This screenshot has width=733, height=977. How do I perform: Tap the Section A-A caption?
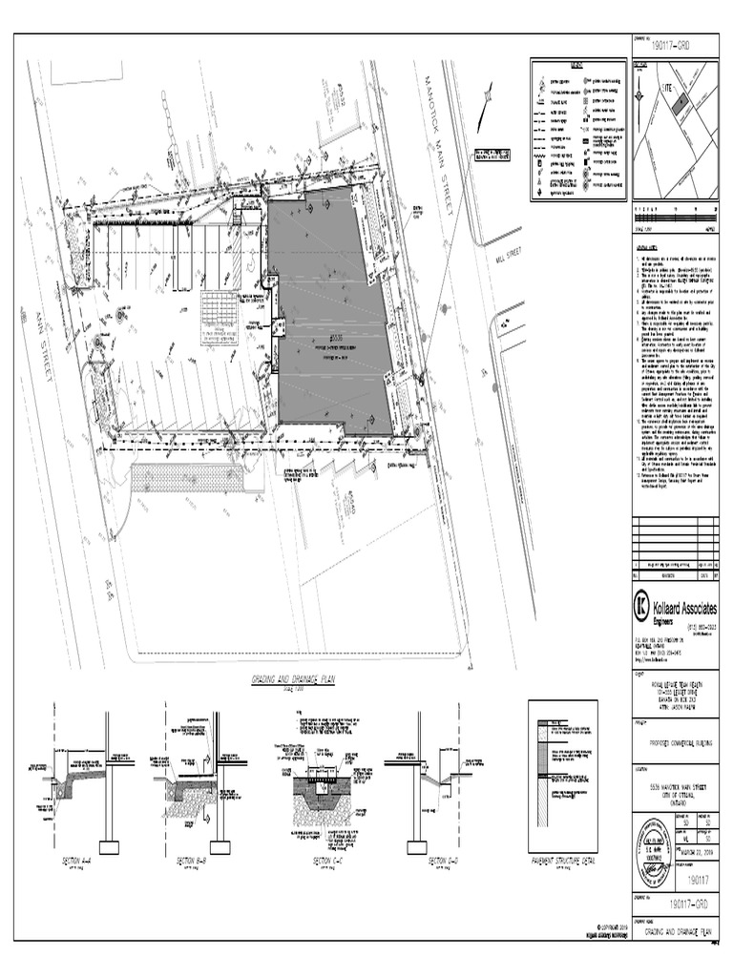(76, 861)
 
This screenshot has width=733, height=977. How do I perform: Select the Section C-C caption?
(326, 861)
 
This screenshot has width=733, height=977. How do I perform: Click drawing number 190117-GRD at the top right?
(670, 46)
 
